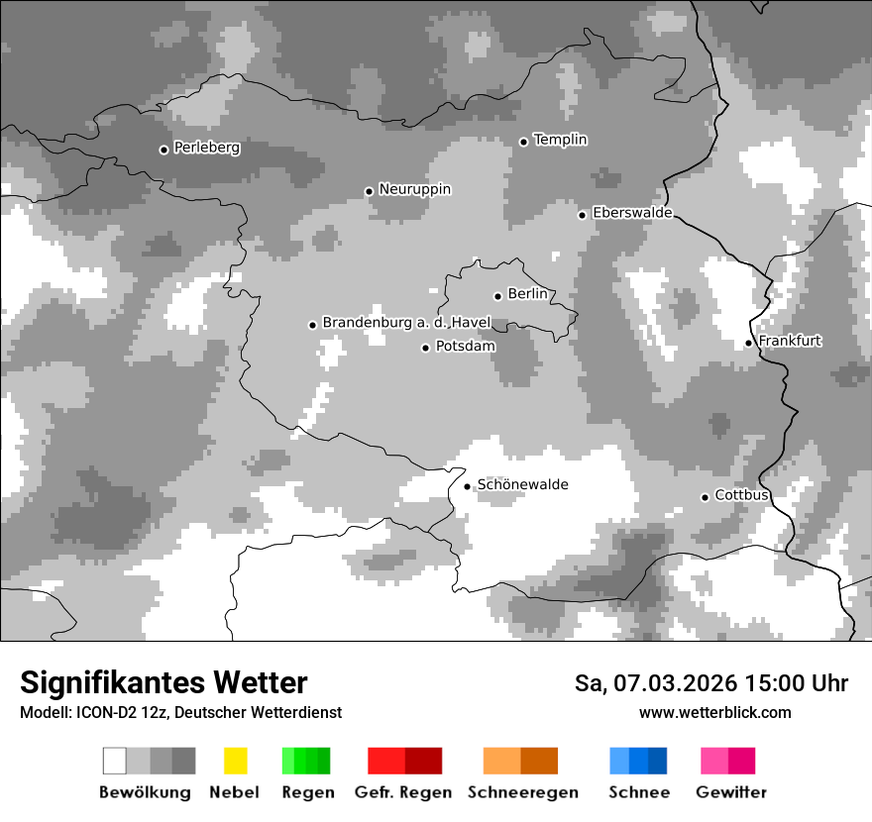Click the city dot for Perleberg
(x=164, y=150)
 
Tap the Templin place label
(x=560, y=140)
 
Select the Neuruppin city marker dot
(x=369, y=191)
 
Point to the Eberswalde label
(x=631, y=213)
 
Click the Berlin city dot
(x=497, y=296)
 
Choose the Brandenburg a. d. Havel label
(x=406, y=323)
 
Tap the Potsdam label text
(x=465, y=347)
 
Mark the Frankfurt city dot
(x=749, y=344)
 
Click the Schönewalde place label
(x=522, y=484)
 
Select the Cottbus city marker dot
(x=706, y=497)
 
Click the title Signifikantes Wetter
(x=163, y=683)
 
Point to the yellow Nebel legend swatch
(x=235, y=761)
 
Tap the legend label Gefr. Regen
(x=403, y=792)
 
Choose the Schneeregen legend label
(x=522, y=792)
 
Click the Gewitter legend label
(x=731, y=792)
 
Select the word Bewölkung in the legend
(x=145, y=792)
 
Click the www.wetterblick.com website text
(x=714, y=712)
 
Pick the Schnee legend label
(x=639, y=792)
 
